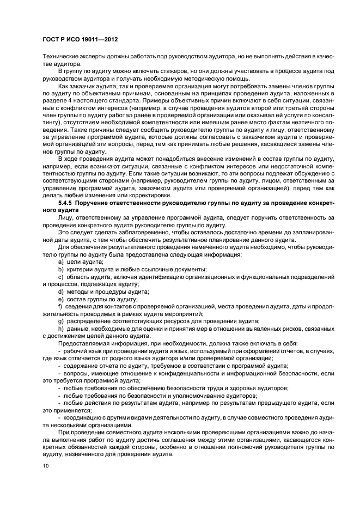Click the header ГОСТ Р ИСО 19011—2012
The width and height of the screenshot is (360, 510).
[80, 40]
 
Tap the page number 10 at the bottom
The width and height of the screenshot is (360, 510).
[45, 466]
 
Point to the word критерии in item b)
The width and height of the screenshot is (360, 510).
[78, 270]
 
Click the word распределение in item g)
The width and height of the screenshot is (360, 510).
[88, 321]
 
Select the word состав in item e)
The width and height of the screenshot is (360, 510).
[76, 299]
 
